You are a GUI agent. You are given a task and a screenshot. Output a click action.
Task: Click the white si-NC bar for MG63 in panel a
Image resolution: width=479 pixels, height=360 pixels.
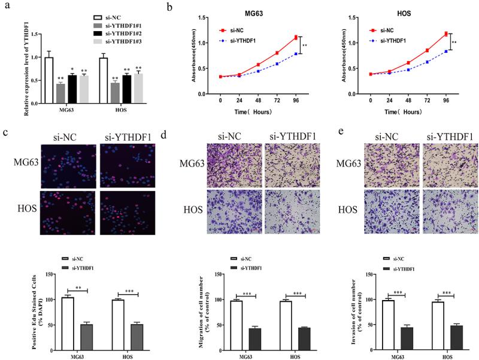[x=48, y=81]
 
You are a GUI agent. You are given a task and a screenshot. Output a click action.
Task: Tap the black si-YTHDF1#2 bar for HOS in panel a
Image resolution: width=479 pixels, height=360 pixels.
[x=126, y=90]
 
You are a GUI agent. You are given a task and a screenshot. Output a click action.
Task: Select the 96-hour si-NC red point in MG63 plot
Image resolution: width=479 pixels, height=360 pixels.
[x=295, y=37]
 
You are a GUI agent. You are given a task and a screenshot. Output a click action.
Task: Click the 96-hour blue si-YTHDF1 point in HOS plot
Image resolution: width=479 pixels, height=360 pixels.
[x=445, y=52]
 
